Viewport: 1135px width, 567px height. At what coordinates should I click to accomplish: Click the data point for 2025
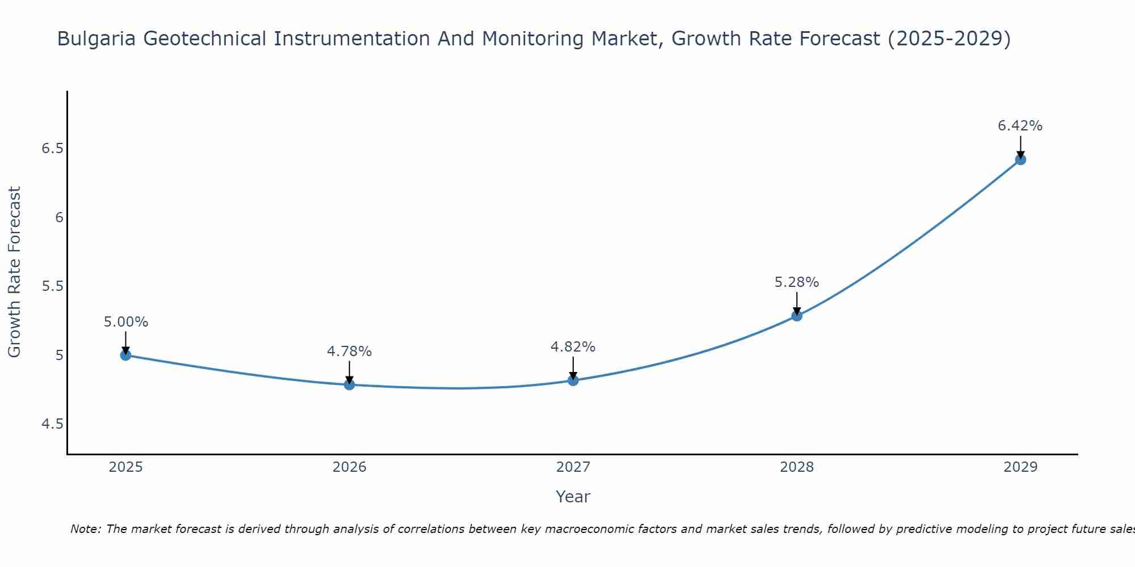point(125,355)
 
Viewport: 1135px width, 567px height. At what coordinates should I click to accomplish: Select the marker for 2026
point(350,385)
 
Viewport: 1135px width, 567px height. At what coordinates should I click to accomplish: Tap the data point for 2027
point(573,380)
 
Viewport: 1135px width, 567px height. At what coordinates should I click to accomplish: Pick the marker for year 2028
point(797,316)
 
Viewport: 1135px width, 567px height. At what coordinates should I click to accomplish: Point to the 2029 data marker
point(1020,159)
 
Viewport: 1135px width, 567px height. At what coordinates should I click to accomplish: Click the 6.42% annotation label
point(1020,126)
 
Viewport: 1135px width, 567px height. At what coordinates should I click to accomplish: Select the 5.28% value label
point(796,282)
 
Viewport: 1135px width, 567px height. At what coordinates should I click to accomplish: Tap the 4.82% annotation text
point(573,346)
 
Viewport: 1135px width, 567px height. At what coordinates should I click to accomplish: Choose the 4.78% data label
point(349,352)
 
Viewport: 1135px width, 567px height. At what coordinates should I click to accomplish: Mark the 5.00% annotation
point(125,322)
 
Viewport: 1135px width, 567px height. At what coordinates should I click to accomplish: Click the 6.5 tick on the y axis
point(52,149)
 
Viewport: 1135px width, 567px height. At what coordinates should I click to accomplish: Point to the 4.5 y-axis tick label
point(52,424)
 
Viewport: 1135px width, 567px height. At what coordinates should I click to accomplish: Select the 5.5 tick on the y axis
point(52,286)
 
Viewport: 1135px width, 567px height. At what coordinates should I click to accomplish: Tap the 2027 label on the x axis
point(573,467)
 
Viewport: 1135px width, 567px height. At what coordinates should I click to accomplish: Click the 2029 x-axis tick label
point(1020,467)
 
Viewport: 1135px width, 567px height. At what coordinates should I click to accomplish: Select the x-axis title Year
point(573,497)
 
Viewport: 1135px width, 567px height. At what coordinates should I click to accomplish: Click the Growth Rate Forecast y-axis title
point(14,272)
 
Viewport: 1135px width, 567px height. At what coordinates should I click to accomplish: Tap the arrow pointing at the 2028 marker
point(797,303)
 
